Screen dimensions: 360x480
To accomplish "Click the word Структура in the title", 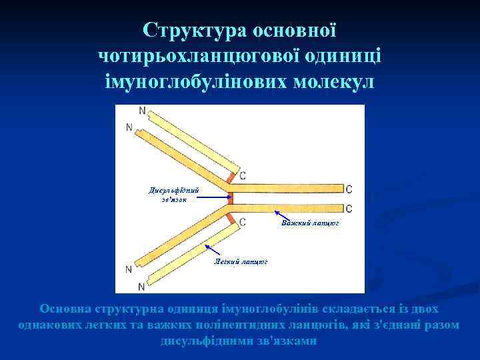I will [x=193, y=30].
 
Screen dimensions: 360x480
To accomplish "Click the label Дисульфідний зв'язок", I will [x=174, y=195].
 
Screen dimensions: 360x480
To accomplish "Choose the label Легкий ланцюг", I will [x=240, y=262].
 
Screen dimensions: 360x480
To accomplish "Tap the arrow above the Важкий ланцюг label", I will [x=283, y=215].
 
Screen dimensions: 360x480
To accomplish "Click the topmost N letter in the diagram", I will [x=142, y=110].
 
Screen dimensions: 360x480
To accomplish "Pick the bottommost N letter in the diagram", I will [x=141, y=287].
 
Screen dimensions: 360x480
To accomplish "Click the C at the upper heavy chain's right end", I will [x=349, y=189].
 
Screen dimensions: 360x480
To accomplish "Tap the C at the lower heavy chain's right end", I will [x=349, y=208].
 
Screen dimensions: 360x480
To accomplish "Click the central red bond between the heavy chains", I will [x=231, y=198].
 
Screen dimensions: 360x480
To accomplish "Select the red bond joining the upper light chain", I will [x=231, y=178].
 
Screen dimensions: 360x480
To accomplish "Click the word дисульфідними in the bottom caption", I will [x=198, y=341].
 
